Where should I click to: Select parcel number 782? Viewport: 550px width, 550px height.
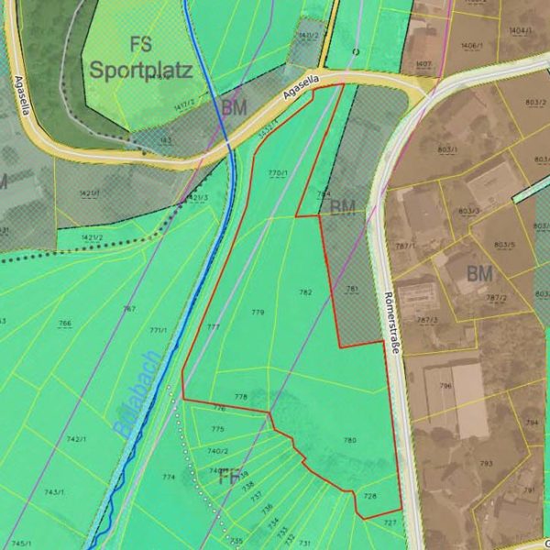pyautogui.click(x=306, y=292)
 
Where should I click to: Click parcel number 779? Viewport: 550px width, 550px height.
pyautogui.click(x=258, y=313)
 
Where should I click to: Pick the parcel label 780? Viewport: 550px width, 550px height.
pyautogui.click(x=349, y=441)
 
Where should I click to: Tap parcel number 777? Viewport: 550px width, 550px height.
pyautogui.click(x=214, y=327)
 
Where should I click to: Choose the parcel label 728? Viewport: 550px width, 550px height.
pyautogui.click(x=370, y=496)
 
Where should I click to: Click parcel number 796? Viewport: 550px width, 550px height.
pyautogui.click(x=445, y=386)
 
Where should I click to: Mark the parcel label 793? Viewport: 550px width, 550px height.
pyautogui.click(x=486, y=464)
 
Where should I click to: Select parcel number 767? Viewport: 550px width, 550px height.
pyautogui.click(x=129, y=309)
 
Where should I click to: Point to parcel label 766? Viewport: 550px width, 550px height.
pyautogui.click(x=64, y=324)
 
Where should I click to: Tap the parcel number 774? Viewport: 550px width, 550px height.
pyautogui.click(x=168, y=478)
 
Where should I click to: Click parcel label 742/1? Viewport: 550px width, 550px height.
pyautogui.click(x=76, y=440)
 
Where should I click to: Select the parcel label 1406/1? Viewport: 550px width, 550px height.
pyautogui.click(x=471, y=45)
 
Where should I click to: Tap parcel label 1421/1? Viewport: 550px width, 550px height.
pyautogui.click(x=89, y=194)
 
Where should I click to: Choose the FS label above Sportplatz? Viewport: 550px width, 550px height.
pyautogui.click(x=140, y=43)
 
